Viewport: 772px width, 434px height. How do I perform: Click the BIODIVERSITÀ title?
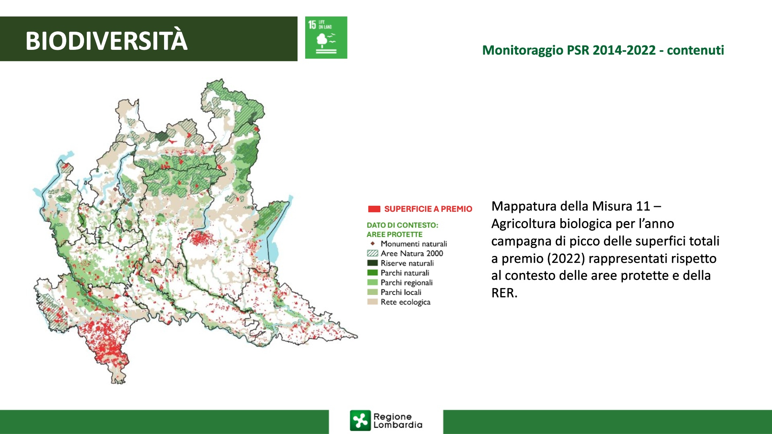point(107,41)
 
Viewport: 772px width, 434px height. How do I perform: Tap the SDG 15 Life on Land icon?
point(326,37)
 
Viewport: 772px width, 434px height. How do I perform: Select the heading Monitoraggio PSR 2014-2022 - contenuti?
point(603,50)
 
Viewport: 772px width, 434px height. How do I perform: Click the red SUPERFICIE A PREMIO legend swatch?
point(374,209)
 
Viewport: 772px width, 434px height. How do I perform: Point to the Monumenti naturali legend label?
point(414,244)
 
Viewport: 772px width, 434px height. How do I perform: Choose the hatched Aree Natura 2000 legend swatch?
point(372,253)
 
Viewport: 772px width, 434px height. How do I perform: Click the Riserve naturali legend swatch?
point(372,263)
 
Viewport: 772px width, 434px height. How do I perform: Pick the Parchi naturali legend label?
point(405,273)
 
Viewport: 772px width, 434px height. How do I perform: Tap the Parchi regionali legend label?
point(407,283)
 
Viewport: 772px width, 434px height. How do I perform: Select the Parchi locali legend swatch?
point(372,292)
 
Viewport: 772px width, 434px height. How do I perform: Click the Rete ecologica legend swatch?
point(372,302)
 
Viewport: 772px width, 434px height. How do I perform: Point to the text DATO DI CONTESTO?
point(402,225)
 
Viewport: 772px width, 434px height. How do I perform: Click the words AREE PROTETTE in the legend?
point(394,234)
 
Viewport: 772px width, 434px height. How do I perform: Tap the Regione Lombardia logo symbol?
point(360,421)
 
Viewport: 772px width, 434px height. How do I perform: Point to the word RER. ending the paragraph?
point(504,293)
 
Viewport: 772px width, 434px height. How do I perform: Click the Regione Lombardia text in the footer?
point(398,421)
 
